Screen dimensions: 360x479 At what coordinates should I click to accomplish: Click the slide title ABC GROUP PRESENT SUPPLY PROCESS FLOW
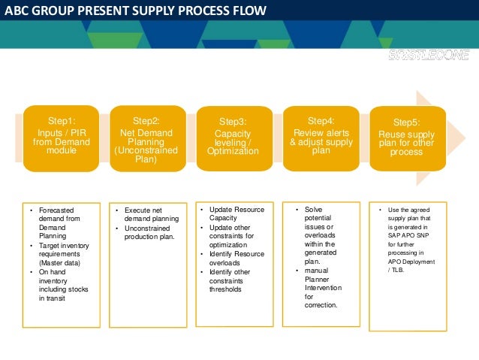pyautogui.click(x=134, y=11)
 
